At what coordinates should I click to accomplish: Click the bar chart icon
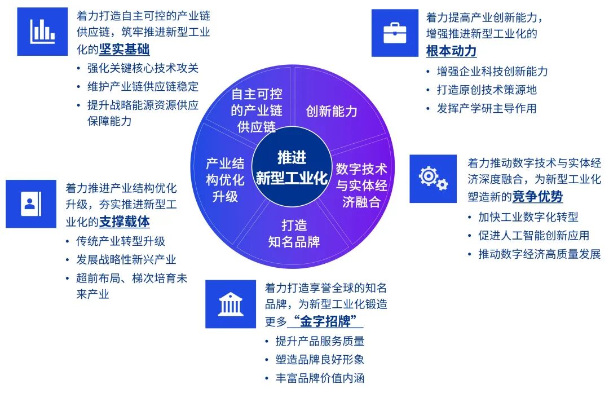tap(42, 32)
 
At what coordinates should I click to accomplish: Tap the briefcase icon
tap(395, 32)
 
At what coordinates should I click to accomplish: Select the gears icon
tap(433, 179)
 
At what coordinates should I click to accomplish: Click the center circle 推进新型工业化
tap(292, 168)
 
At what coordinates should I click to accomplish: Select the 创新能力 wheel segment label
tap(332, 111)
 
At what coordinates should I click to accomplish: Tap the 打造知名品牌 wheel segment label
tap(294, 233)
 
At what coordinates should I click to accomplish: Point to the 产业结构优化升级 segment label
tap(225, 180)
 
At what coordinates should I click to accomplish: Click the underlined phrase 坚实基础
tap(125, 50)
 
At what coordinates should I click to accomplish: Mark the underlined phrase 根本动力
tap(451, 51)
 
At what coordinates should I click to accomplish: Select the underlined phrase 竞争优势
tap(537, 197)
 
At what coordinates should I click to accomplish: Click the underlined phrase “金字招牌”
tap(325, 321)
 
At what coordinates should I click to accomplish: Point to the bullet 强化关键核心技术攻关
tap(143, 68)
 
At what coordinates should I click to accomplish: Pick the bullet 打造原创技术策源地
tap(487, 90)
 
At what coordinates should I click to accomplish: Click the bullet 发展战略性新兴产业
tap(126, 259)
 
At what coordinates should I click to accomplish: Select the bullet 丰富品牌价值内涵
tap(320, 378)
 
